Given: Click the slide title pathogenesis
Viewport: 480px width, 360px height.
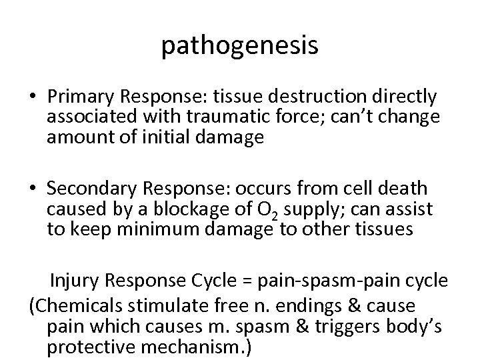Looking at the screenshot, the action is click(x=240, y=46).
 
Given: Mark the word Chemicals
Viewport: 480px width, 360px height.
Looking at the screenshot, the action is click(x=80, y=306).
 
